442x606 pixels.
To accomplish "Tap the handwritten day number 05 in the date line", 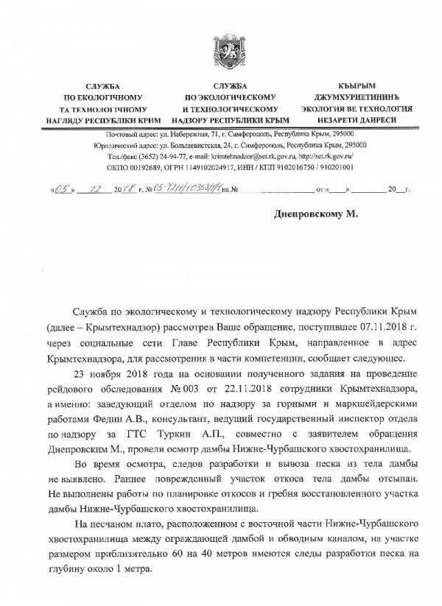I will tap(63, 189).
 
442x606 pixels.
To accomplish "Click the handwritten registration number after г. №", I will tap(186, 189).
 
